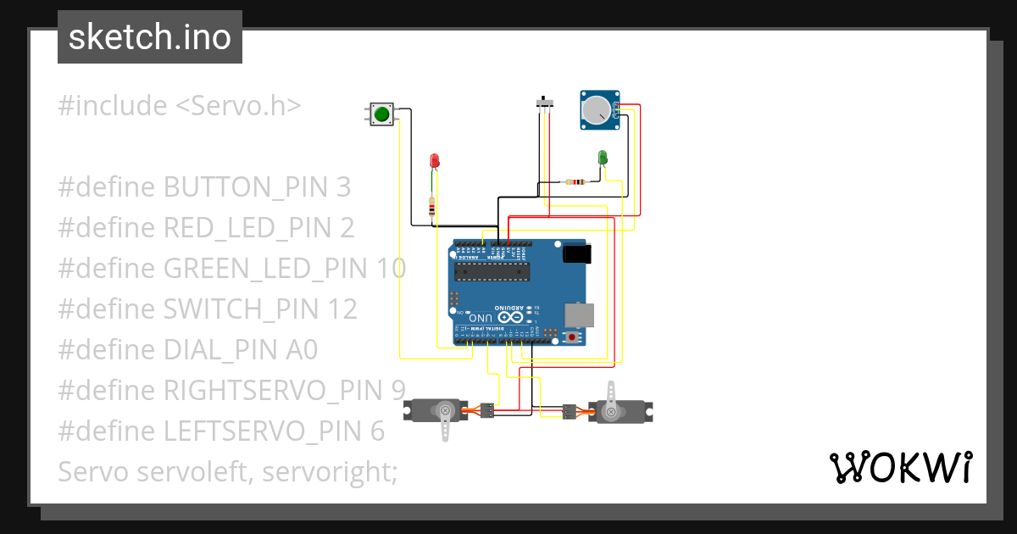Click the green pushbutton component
(382, 114)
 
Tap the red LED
(435, 160)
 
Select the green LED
(603, 158)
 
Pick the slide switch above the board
(547, 103)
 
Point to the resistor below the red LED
(433, 207)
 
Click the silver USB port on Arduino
(580, 314)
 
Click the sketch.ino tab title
(150, 37)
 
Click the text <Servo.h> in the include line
(238, 106)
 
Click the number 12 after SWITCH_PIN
(344, 309)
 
